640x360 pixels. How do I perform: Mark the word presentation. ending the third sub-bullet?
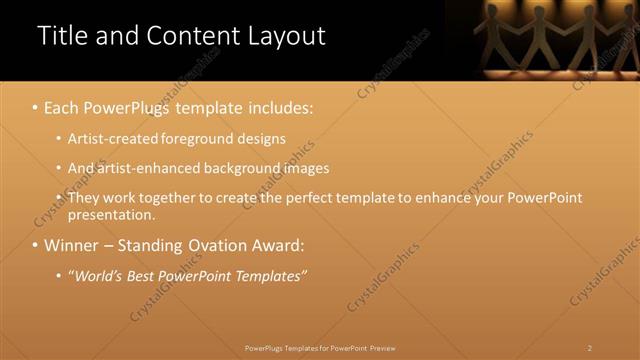tap(112, 214)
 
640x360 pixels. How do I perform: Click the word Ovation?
tap(209, 245)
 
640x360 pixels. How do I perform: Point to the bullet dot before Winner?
tap(36, 245)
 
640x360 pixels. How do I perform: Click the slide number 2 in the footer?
tap(590, 348)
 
